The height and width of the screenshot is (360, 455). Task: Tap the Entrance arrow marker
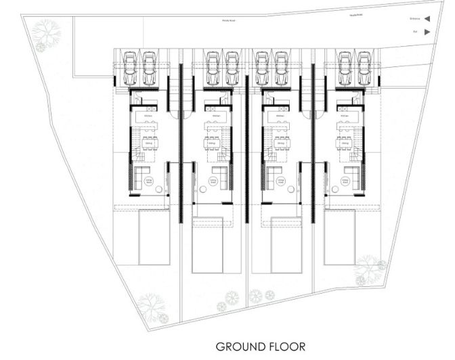click(427, 20)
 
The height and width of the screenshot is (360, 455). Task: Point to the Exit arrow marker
click(427, 31)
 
